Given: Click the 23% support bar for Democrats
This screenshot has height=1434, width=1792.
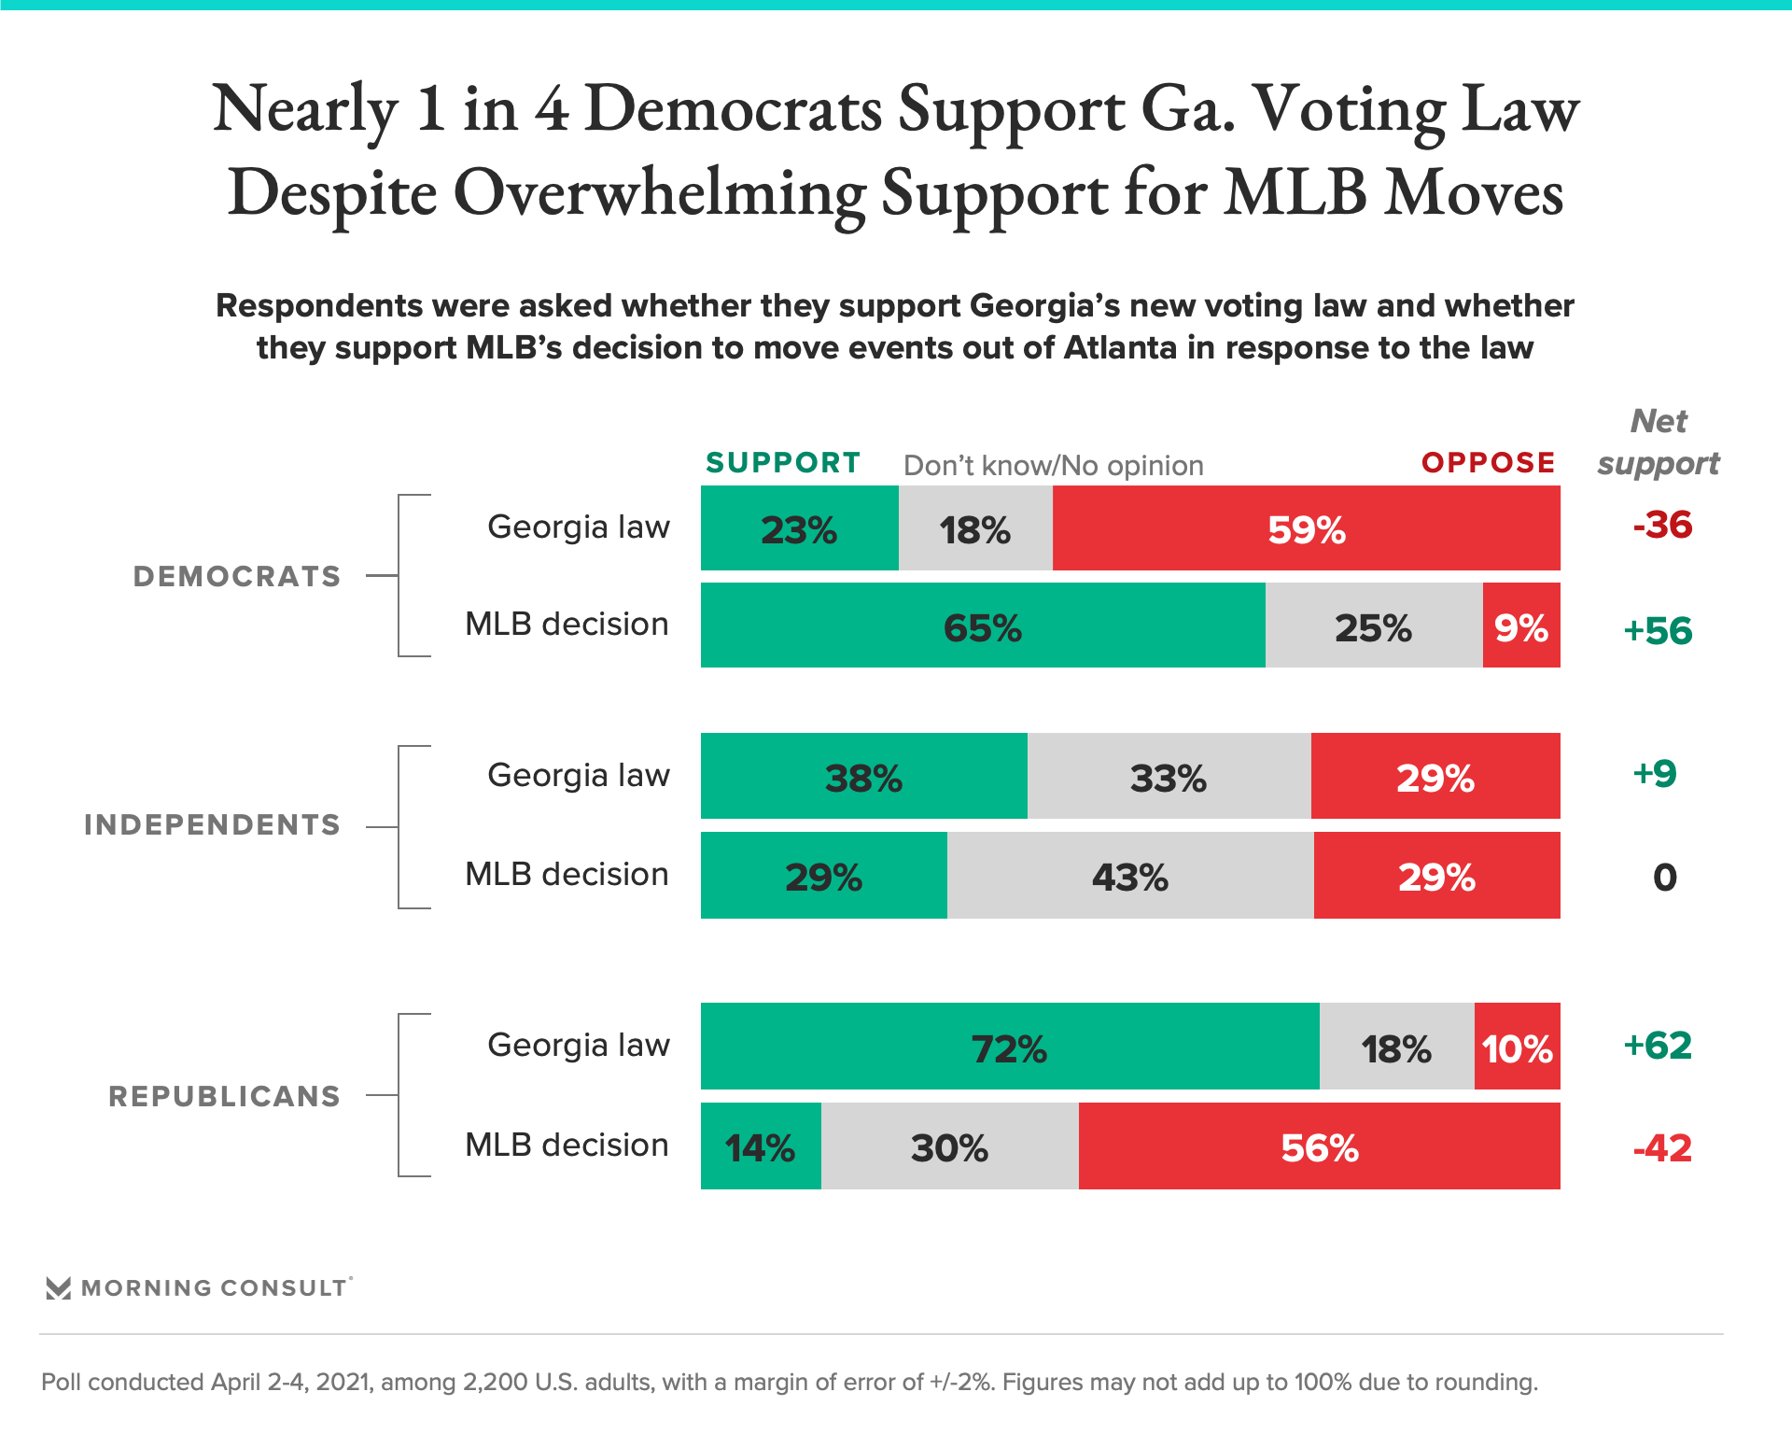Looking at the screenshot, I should pyautogui.click(x=799, y=528).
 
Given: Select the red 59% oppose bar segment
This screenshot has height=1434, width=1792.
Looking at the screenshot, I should pyautogui.click(x=1306, y=528).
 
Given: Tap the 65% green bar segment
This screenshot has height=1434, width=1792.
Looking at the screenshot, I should pyautogui.click(x=982, y=626).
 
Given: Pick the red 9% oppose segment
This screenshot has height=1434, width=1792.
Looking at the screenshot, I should pyautogui.click(x=1520, y=626).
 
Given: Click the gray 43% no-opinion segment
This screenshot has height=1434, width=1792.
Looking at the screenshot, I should pyautogui.click(x=1129, y=876).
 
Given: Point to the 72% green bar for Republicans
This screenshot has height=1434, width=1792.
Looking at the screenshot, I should pyautogui.click(x=1009, y=1047).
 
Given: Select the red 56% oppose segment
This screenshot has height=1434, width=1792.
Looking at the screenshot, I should pyautogui.click(x=1319, y=1146).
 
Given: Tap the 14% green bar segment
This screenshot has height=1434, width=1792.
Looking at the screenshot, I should pyautogui.click(x=760, y=1146).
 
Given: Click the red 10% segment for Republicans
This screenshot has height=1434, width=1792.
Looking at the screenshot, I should pyautogui.click(x=1517, y=1047).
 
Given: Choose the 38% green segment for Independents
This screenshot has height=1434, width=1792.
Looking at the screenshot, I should pyautogui.click(x=863, y=777).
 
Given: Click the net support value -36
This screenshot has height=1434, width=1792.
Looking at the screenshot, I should pyautogui.click(x=1662, y=526).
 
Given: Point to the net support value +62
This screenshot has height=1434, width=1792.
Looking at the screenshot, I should pyautogui.click(x=1658, y=1046).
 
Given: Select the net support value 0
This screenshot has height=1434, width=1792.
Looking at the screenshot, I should pyautogui.click(x=1664, y=878).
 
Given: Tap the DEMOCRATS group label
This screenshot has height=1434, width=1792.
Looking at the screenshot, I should pyautogui.click(x=237, y=576).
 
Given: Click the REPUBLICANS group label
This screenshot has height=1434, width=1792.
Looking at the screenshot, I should pyautogui.click(x=225, y=1096).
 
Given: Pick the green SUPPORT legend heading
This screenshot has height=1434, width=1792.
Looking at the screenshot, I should pyautogui.click(x=783, y=462).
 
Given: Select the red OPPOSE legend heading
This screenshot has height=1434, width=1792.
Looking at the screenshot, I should pyautogui.click(x=1489, y=462).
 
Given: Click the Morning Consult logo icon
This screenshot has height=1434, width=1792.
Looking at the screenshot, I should pyautogui.click(x=59, y=1288).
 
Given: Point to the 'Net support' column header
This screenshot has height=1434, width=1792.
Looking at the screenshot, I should pyautogui.click(x=1659, y=442).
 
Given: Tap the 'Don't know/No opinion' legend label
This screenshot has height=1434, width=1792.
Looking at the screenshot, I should pyautogui.click(x=1054, y=465).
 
